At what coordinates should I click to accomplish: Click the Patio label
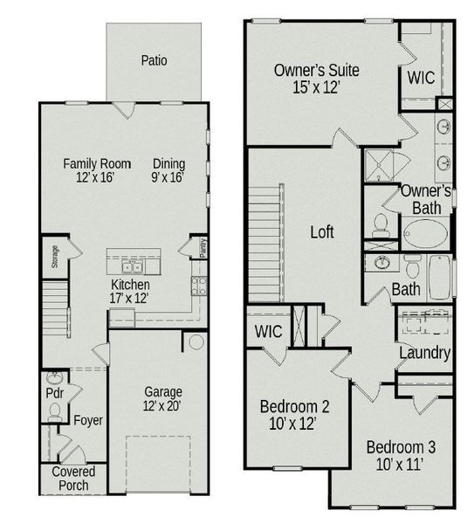pos(154,60)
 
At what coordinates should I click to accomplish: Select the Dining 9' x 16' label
pos(168,169)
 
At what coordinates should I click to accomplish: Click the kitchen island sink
pos(134,266)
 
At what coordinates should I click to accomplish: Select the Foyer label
pos(88,420)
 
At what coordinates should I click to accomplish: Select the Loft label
pos(322,233)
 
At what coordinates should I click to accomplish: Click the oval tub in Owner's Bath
pos(426,234)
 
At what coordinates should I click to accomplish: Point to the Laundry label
pos(424,353)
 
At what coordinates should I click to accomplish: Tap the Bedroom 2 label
pos(295,414)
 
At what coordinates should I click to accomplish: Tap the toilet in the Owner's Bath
pos(381,225)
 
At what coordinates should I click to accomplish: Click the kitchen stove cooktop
pos(199,286)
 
